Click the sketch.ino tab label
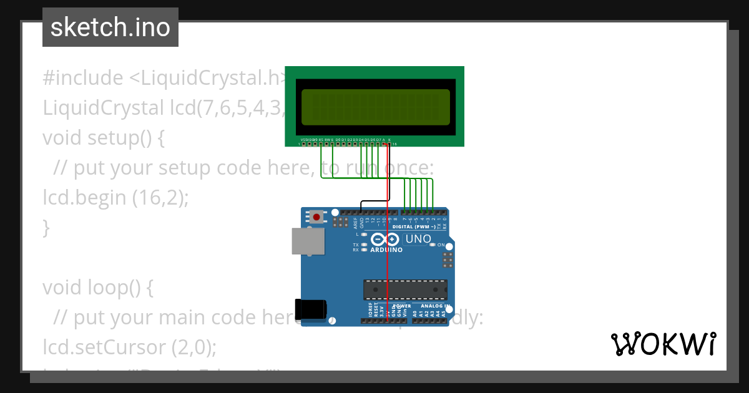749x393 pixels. pos(110,27)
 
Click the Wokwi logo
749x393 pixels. pos(663,344)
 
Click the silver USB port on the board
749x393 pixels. pos(308,241)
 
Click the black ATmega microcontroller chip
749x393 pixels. pos(405,289)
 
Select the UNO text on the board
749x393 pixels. pos(418,239)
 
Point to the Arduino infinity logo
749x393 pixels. pos(384,240)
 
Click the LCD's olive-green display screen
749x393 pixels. pos(375,107)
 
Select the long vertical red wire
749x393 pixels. pos(388,262)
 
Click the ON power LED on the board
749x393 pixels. pos(433,245)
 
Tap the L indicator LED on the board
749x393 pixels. pos(365,235)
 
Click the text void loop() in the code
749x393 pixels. pos(97,288)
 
